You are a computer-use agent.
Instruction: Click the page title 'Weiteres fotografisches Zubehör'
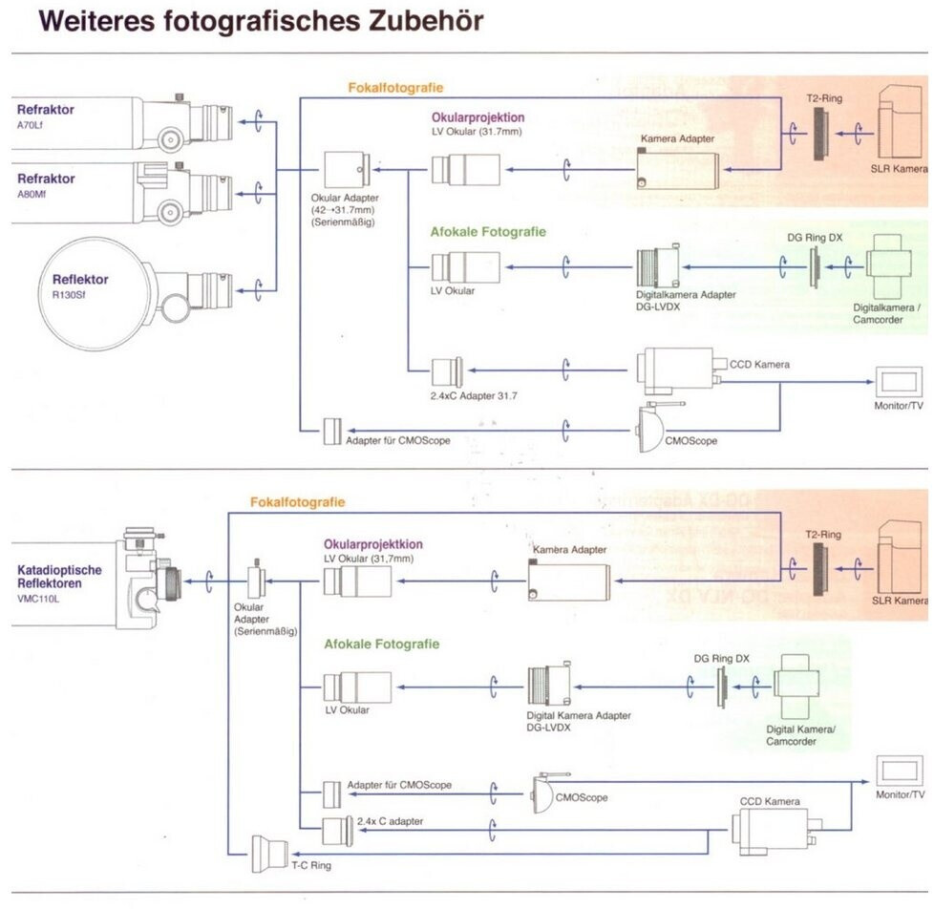click(x=261, y=21)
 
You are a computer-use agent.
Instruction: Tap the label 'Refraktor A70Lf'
click(x=45, y=116)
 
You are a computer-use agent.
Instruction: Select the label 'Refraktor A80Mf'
click(x=46, y=185)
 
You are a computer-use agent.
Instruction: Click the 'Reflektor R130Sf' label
click(x=80, y=285)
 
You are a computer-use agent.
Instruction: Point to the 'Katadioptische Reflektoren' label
click(x=59, y=577)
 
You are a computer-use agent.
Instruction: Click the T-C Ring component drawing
click(x=269, y=854)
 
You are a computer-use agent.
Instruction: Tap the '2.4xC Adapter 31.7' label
click(x=474, y=395)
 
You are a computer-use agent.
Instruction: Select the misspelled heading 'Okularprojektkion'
click(x=372, y=544)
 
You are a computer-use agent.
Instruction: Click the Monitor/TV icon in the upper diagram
click(x=899, y=382)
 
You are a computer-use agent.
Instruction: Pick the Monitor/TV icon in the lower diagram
click(x=899, y=771)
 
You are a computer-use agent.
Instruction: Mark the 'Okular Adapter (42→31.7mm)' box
click(x=347, y=169)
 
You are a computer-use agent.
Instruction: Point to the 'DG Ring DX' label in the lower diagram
click(x=721, y=658)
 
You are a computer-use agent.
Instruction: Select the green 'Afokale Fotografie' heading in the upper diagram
click(x=488, y=232)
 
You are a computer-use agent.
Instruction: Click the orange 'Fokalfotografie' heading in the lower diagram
click(x=297, y=502)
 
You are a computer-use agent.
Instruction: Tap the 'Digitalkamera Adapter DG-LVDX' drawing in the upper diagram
click(x=658, y=266)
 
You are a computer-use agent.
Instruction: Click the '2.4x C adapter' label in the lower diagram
click(x=391, y=821)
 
